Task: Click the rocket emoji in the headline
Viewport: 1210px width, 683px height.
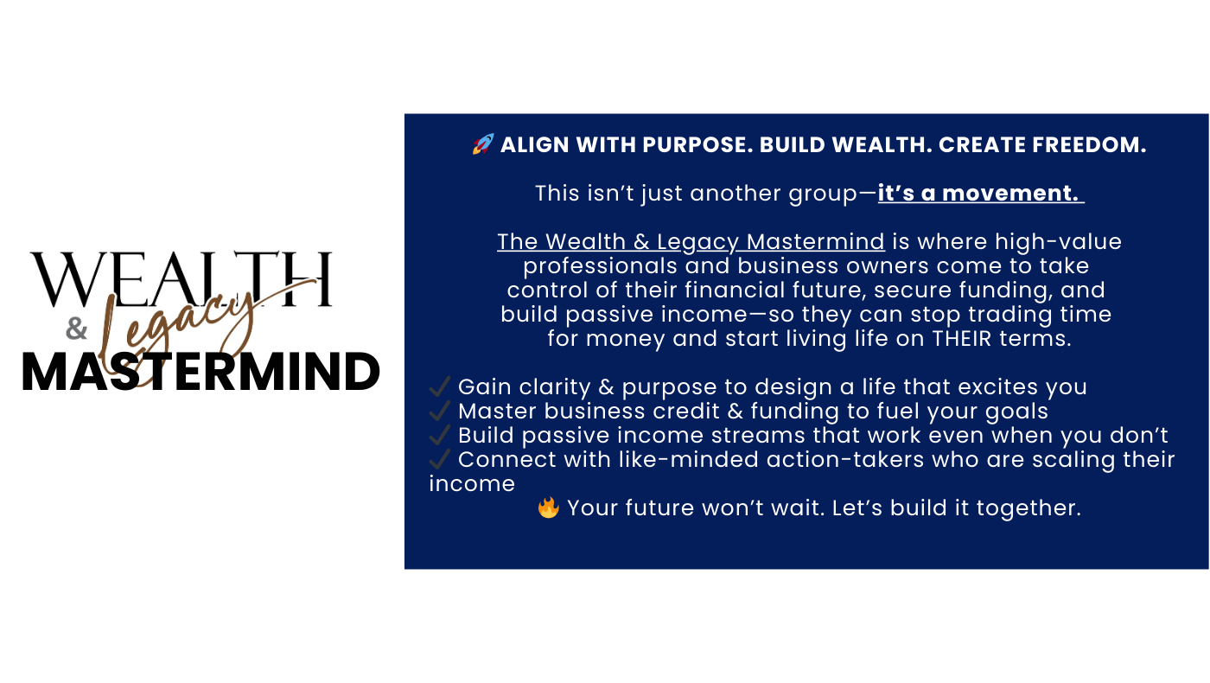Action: tap(483, 144)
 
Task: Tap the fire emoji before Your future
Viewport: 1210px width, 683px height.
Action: tap(548, 507)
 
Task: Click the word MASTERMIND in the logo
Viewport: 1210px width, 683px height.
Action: tap(201, 373)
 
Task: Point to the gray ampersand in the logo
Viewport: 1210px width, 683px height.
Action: tap(77, 329)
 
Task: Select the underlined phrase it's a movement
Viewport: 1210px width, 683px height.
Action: tap(978, 193)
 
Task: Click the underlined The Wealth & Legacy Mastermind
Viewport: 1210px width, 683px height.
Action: tap(691, 241)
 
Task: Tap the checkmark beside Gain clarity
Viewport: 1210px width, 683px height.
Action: tap(440, 386)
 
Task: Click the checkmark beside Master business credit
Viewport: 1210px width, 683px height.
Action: tap(440, 411)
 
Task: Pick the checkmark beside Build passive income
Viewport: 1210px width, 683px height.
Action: tap(440, 435)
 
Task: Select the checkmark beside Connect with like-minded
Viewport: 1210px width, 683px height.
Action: tap(440, 459)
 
